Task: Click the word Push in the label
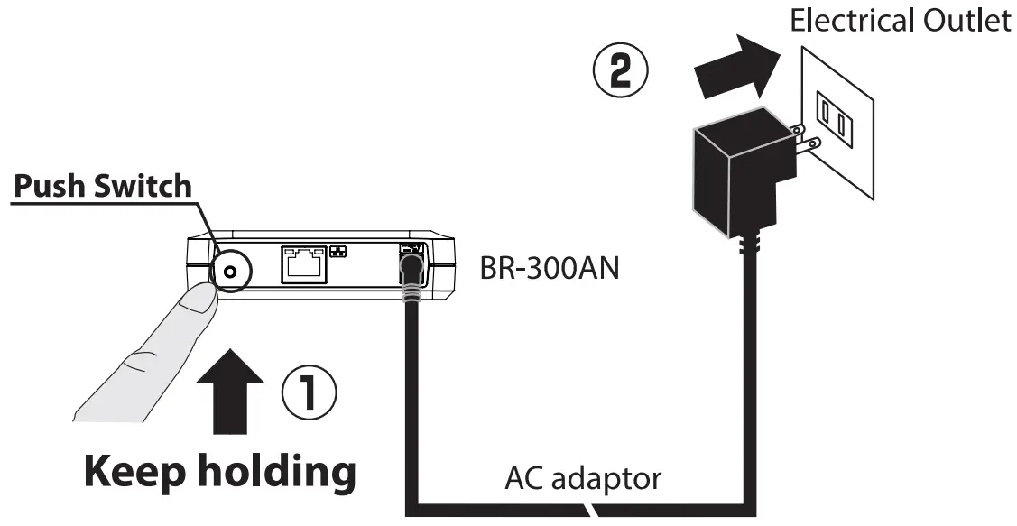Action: point(51,186)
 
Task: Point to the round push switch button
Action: point(229,269)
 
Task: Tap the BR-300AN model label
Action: point(549,268)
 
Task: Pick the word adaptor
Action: point(606,479)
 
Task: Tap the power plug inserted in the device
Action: point(411,270)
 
